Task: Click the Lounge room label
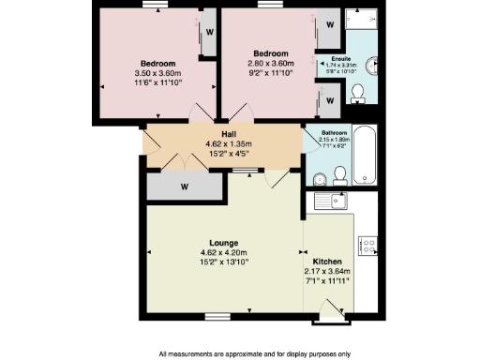coord(221,243)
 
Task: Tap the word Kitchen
coord(327,262)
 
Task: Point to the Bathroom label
coord(335,133)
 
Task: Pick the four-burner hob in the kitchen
coord(368,247)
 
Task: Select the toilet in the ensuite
coord(357,92)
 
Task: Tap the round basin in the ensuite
coord(372,64)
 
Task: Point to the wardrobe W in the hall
coord(185,186)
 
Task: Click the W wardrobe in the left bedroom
coord(207,29)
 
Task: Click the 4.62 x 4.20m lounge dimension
coord(221,252)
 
